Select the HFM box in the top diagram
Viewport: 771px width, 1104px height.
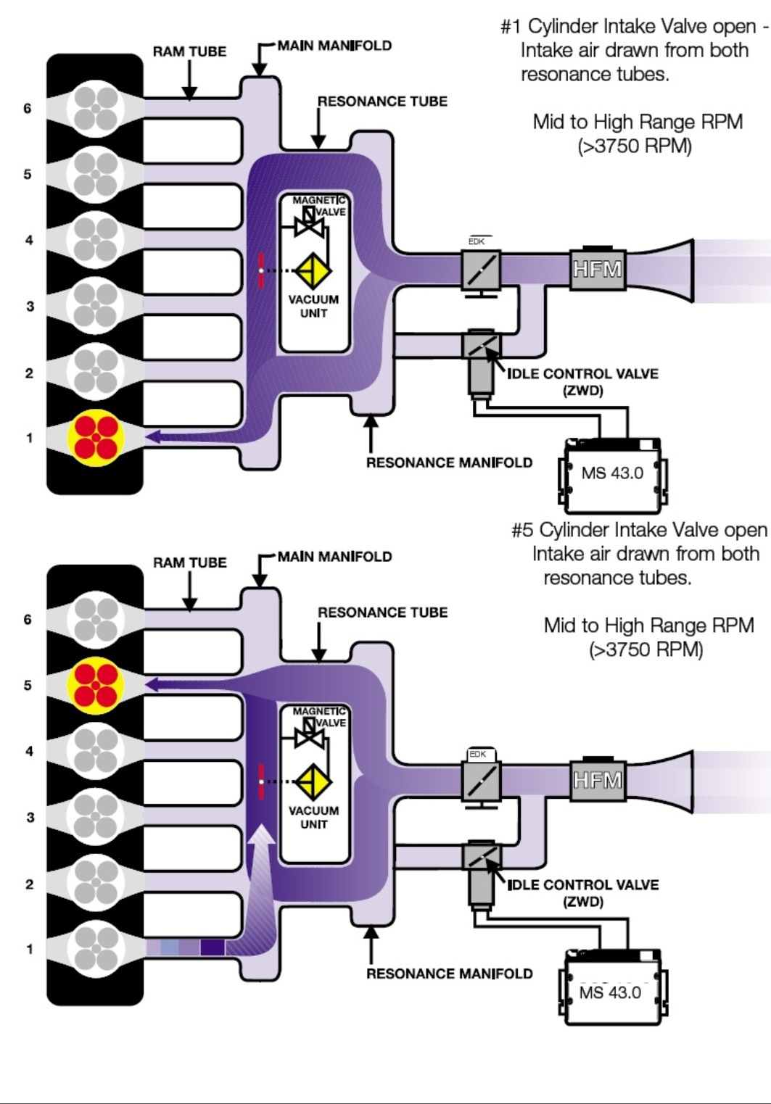point(597,269)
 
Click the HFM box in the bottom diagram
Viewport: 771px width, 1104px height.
point(597,780)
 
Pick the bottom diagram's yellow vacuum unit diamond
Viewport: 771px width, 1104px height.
point(313,782)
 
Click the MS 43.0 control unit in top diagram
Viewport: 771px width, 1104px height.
point(612,473)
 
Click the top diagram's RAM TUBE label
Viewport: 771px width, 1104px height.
point(189,51)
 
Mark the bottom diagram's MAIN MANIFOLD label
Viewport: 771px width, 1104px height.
point(334,557)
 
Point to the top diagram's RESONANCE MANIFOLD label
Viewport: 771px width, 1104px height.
point(449,462)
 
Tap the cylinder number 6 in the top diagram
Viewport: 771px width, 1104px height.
point(28,109)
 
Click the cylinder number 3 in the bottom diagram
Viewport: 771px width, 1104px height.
point(30,817)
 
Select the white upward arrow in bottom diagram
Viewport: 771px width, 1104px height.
point(261,855)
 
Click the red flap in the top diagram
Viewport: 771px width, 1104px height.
point(261,270)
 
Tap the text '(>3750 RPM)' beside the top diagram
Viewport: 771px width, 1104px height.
point(635,146)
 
